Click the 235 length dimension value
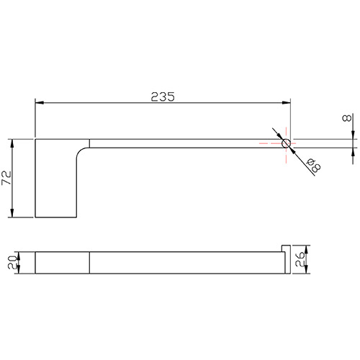[163, 96]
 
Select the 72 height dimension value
[6, 178]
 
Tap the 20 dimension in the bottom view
[12, 262]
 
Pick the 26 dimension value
[300, 259]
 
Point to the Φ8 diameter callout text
[314, 165]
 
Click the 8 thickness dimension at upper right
[347, 118]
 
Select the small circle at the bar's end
[286, 143]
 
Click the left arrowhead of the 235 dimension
[40, 103]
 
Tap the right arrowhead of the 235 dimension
[287, 103]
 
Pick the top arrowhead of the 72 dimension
[12, 143]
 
